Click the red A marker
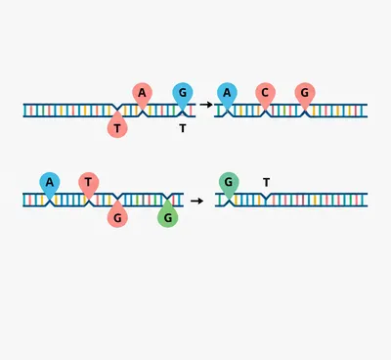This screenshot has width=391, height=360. (x=143, y=93)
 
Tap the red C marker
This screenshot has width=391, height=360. (x=264, y=93)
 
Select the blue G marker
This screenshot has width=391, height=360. (x=183, y=93)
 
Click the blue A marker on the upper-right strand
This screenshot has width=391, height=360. (x=228, y=93)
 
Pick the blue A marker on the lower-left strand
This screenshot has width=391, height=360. (x=49, y=182)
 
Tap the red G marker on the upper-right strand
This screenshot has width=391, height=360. (x=305, y=93)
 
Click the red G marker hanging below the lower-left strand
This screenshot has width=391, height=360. (x=117, y=217)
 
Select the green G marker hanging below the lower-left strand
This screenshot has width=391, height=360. (x=168, y=217)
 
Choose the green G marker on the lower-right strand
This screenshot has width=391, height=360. (x=228, y=182)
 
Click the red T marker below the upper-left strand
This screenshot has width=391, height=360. (x=117, y=127)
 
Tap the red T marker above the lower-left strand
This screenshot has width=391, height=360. (x=89, y=182)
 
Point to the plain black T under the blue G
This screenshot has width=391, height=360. (x=183, y=128)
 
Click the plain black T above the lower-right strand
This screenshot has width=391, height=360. (x=266, y=182)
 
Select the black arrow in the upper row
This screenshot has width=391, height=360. (x=205, y=103)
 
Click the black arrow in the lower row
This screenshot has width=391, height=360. (x=196, y=201)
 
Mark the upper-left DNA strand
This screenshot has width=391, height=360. (x=68, y=111)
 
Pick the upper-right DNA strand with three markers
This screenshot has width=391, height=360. (x=337, y=111)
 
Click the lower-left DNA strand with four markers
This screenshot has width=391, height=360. (x=137, y=200)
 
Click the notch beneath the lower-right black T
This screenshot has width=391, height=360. (x=266, y=196)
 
